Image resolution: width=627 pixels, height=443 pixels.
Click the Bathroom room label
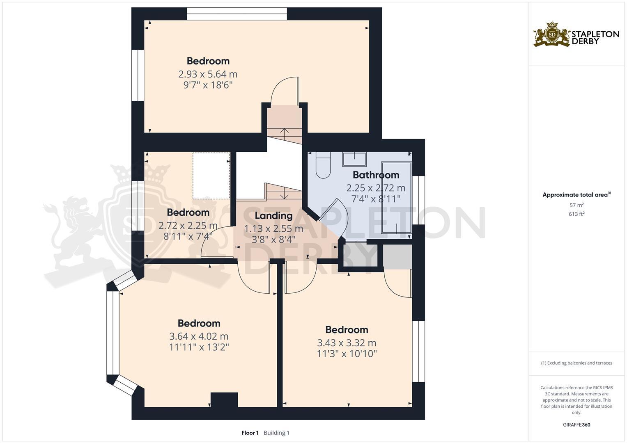(x=376, y=175)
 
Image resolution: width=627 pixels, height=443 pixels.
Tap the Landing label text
(x=273, y=216)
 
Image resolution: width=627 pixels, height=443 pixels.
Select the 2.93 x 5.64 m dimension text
(x=208, y=74)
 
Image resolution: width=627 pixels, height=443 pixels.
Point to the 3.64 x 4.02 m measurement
(x=199, y=336)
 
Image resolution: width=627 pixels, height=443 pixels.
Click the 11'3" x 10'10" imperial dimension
(x=347, y=354)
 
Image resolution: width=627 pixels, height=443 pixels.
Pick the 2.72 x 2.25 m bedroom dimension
(x=188, y=226)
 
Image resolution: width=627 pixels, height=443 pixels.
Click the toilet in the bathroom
(x=323, y=165)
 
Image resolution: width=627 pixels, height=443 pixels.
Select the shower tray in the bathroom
(x=396, y=197)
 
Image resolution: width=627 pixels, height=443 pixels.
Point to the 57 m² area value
(x=576, y=205)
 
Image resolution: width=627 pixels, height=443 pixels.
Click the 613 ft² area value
(x=576, y=214)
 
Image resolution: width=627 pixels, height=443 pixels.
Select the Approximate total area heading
(x=576, y=195)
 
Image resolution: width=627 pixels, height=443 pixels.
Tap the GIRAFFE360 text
(x=576, y=425)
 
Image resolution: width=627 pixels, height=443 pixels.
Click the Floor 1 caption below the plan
(x=250, y=433)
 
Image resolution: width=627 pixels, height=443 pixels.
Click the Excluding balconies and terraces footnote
(x=576, y=363)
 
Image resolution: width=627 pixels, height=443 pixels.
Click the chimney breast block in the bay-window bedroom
(x=224, y=400)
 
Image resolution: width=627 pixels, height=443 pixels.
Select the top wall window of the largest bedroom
(x=237, y=14)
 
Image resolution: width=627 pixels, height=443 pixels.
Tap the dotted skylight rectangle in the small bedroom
(x=211, y=176)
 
